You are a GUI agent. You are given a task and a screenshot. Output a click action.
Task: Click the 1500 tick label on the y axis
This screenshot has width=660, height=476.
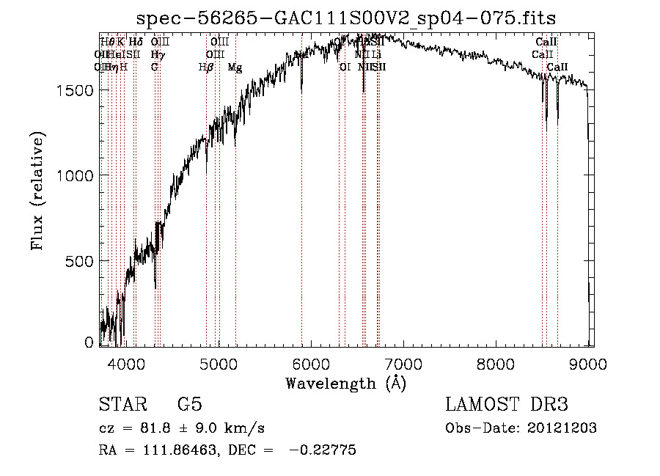coord(76,90)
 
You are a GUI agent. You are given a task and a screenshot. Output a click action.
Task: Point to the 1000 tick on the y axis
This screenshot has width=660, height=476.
coord(76,175)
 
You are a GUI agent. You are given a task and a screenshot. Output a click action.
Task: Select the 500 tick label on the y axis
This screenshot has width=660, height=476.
coord(81,261)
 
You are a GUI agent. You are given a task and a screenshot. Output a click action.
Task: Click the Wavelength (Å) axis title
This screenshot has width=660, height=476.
coord(345,383)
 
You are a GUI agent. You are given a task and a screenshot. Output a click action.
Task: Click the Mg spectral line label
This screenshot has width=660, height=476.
coord(235,67)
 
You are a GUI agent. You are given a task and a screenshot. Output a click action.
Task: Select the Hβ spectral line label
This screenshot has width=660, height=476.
coord(206,67)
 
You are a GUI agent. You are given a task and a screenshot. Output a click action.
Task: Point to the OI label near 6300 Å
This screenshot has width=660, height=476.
coord(345,67)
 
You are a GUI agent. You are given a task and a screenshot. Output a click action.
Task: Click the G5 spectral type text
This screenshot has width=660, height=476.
coord(189,405)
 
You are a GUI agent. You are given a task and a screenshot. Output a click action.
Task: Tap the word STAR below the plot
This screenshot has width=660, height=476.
coord(122,405)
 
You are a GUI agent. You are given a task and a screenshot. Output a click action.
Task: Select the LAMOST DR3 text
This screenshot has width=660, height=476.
coord(507,405)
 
